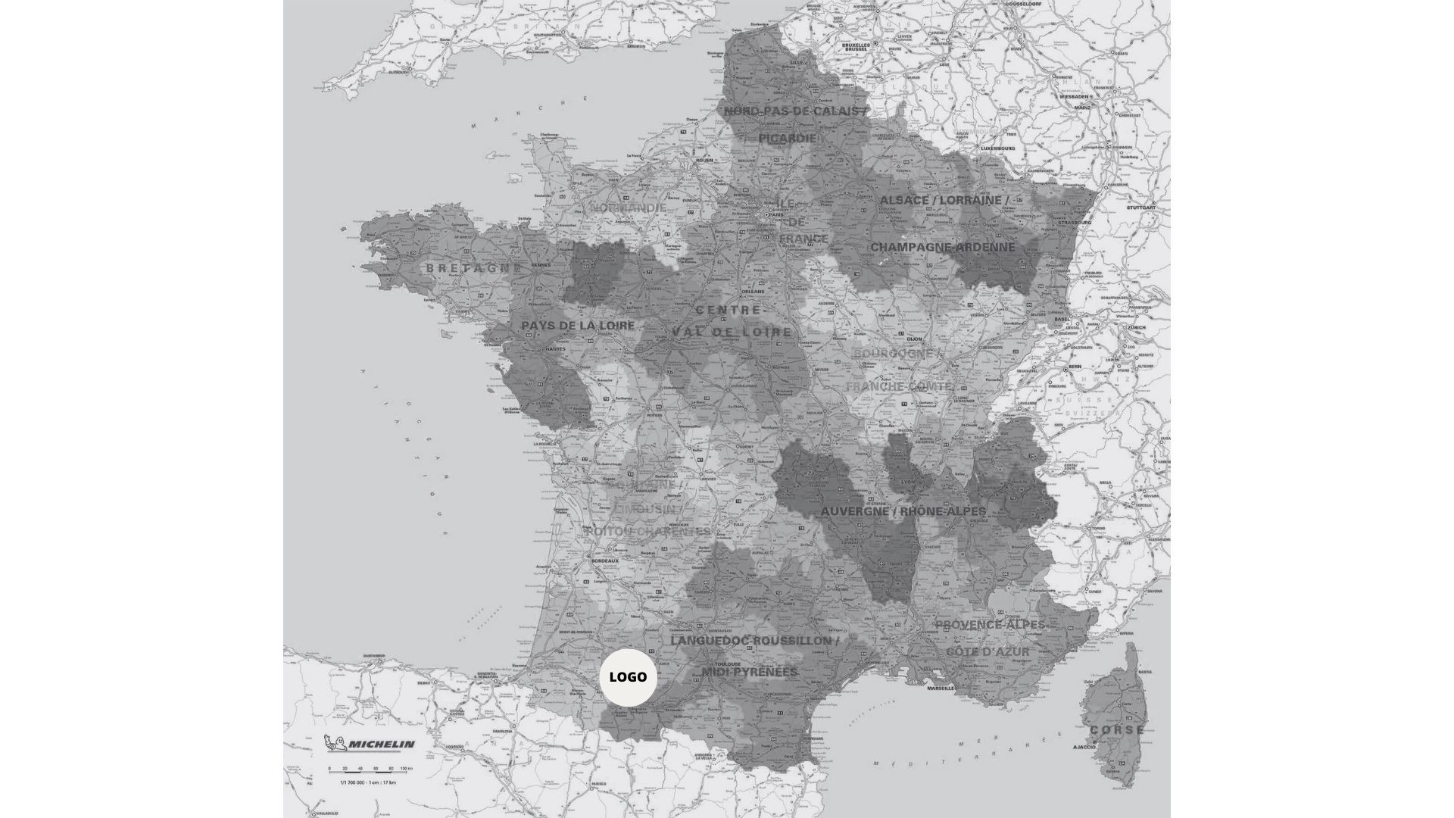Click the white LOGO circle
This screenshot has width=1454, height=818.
tap(628, 676)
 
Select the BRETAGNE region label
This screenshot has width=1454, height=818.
tap(473, 268)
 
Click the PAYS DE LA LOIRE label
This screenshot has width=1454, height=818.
tap(578, 326)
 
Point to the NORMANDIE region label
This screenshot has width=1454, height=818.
tap(629, 208)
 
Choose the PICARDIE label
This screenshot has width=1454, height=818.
tap(788, 139)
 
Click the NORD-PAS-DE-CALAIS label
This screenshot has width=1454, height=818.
tap(795, 111)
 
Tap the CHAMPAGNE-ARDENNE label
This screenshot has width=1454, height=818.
tap(942, 247)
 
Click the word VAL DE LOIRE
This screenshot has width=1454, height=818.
tap(732, 332)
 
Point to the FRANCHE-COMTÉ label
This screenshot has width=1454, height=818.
tap(899, 386)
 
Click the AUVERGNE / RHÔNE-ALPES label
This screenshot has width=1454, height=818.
tap(903, 511)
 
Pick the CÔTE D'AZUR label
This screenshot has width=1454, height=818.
tap(988, 651)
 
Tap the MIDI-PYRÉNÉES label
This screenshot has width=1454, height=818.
tap(750, 672)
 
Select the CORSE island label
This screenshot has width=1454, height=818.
tap(1117, 730)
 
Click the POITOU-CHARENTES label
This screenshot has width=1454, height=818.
tap(647, 532)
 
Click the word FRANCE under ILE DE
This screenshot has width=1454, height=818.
tap(803, 239)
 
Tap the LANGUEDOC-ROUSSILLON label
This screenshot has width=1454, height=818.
tap(754, 641)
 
